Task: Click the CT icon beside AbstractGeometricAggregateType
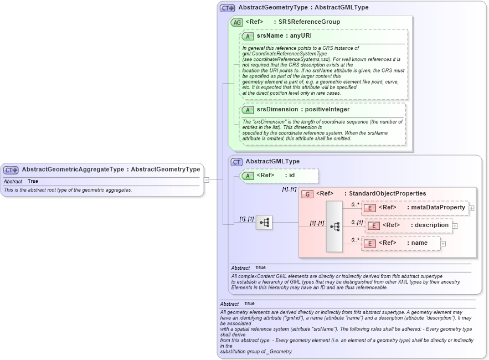click(11, 170)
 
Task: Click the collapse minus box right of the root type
click(207, 179)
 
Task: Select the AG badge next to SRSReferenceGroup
click(236, 22)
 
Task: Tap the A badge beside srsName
click(248, 36)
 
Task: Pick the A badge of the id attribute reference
click(248, 176)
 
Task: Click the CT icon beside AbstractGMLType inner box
click(236, 162)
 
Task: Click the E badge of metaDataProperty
click(370, 208)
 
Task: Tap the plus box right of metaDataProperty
click(471, 208)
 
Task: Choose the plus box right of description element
click(455, 226)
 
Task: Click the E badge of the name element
click(370, 243)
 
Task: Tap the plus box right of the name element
click(443, 244)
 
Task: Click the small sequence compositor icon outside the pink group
click(264, 223)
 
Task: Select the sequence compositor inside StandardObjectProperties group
click(334, 227)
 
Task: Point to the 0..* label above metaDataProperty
click(355, 204)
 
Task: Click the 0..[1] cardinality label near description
click(357, 222)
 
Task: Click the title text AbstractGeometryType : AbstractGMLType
click(303, 8)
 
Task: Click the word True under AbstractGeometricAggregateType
click(33, 181)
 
